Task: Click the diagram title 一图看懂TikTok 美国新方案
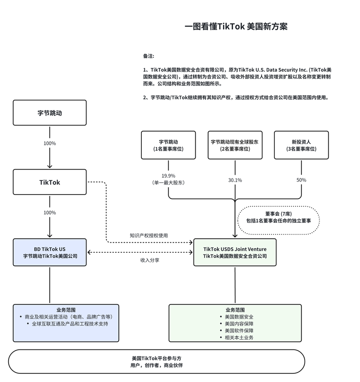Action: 236,27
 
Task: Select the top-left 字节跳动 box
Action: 50,113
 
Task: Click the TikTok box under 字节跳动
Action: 50,182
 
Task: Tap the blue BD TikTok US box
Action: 50,253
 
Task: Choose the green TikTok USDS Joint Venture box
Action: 235,253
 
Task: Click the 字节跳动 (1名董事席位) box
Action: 168,145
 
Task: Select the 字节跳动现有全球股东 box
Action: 235,145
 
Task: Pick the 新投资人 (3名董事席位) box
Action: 301,145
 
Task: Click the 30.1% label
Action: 235,180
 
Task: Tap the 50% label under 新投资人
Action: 301,180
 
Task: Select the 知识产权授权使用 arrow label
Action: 149,235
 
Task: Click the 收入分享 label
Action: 149,260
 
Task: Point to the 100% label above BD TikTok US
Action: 50,213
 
